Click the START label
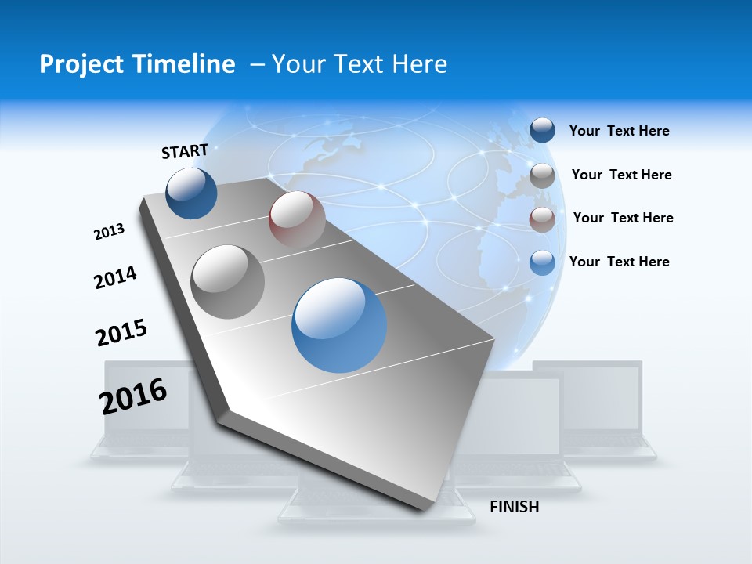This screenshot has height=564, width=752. pos(185,151)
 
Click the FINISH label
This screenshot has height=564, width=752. pos(515,507)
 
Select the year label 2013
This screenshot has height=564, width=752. pos(109,232)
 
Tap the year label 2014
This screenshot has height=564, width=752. pos(115,277)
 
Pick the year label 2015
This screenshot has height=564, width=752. pos(121,332)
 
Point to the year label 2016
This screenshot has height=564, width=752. pos(133,396)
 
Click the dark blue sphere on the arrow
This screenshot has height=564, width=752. pos(191,193)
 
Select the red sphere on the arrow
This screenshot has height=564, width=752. pos(297,219)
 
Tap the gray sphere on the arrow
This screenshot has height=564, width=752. pos(228,281)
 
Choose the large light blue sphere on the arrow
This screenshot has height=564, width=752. pos(339,325)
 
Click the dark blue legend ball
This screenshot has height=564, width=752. pos(542,130)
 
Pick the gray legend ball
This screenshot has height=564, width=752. pos(542,175)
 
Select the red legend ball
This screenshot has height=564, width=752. pos(542,219)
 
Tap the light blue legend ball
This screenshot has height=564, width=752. pos(542,262)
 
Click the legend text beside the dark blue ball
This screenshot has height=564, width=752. pos(619,131)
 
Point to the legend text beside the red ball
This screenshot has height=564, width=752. pos(623,218)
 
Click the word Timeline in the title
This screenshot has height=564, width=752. pos(189,64)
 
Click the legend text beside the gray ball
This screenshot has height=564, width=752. pos(621,175)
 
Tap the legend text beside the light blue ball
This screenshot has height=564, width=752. pos(619,262)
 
